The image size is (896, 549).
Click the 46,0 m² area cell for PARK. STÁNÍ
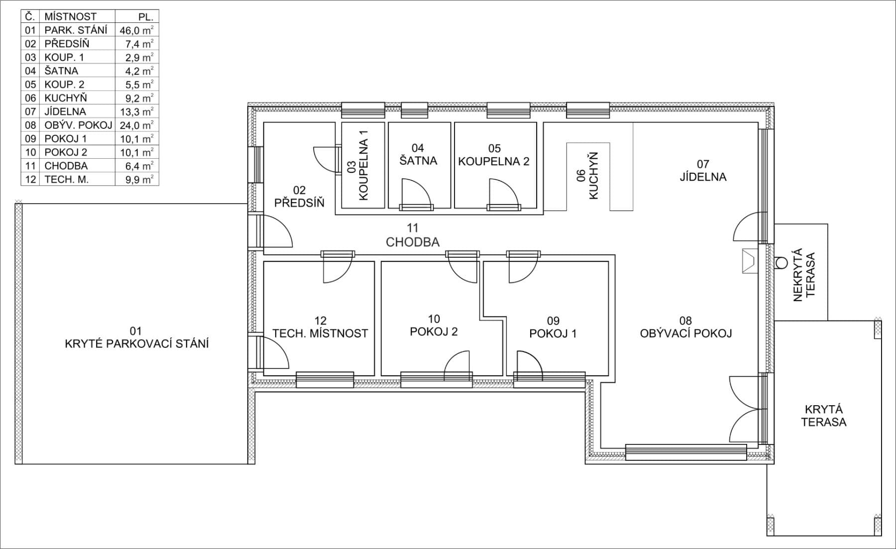pyautogui.click(x=136, y=30)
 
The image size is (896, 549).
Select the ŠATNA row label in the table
pyautogui.click(x=61, y=71)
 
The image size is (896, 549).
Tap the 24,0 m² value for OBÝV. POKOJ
pyautogui.click(x=136, y=125)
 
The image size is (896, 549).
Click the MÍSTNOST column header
pyautogui.click(x=70, y=16)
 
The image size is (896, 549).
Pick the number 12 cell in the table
pyautogui.click(x=30, y=179)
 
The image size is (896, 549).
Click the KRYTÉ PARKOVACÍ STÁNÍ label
pyautogui.click(x=136, y=343)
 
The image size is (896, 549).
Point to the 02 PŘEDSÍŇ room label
pyautogui.click(x=299, y=197)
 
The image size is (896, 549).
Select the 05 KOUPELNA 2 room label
pyautogui.click(x=494, y=155)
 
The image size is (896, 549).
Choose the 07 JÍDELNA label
pyautogui.click(x=703, y=171)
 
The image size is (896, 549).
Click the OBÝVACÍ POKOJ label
pyautogui.click(x=685, y=333)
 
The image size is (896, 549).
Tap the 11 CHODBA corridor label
pyautogui.click(x=413, y=235)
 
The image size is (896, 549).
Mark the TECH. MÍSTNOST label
pyautogui.click(x=320, y=333)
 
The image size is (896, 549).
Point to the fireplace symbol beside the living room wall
pyautogui.click(x=748, y=261)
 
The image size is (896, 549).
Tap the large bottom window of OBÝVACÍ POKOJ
pyautogui.click(x=685, y=452)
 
